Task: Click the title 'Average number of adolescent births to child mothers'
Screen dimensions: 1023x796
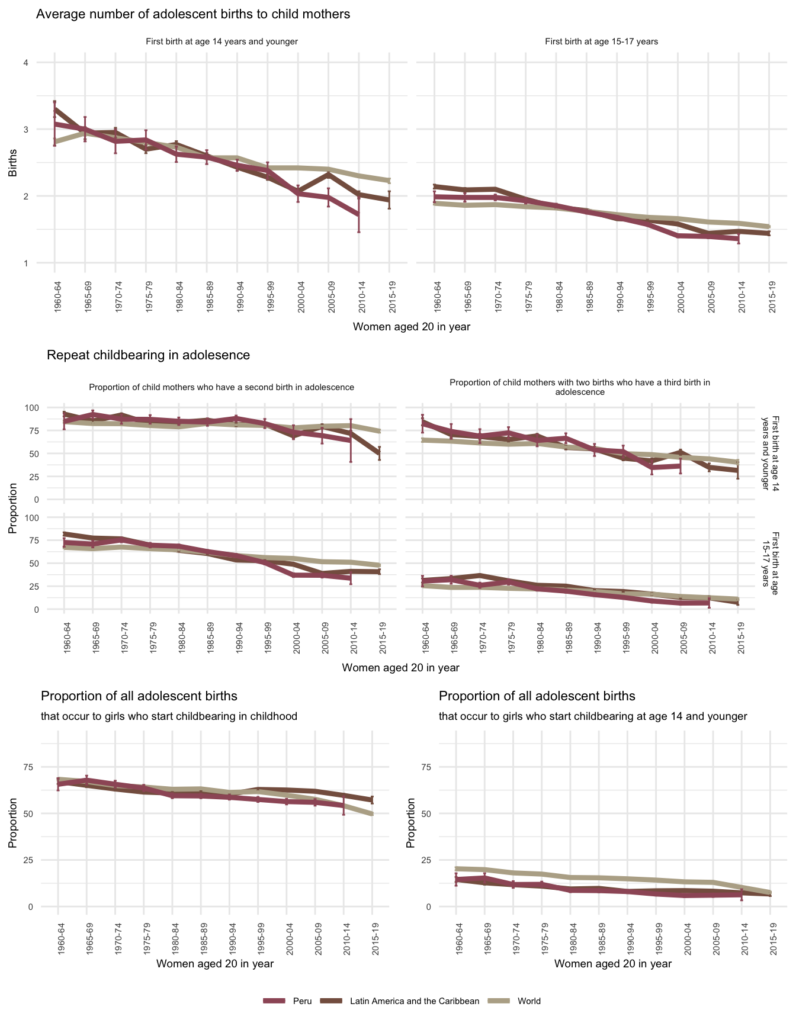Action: coord(193,14)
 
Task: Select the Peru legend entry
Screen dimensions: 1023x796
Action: coord(301,1001)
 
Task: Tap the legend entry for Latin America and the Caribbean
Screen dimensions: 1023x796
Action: coord(414,1001)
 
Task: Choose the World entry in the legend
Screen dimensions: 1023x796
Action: coord(528,1001)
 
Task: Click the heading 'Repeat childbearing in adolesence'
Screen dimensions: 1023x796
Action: coord(148,355)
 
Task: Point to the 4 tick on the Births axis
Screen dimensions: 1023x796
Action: coord(25,63)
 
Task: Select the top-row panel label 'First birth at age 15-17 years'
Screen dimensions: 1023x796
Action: coord(601,41)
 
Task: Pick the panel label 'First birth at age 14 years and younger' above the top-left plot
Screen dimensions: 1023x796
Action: coord(222,41)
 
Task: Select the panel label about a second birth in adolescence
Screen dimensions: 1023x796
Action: coord(222,387)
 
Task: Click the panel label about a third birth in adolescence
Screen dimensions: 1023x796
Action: coord(580,387)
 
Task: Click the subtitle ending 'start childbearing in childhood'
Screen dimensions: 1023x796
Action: coord(169,716)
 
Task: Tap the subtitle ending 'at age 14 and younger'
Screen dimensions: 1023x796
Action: coord(593,716)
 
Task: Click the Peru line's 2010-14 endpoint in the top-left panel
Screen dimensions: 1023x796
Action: coord(358,214)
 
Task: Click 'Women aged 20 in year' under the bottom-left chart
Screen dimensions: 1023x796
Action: coord(215,964)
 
